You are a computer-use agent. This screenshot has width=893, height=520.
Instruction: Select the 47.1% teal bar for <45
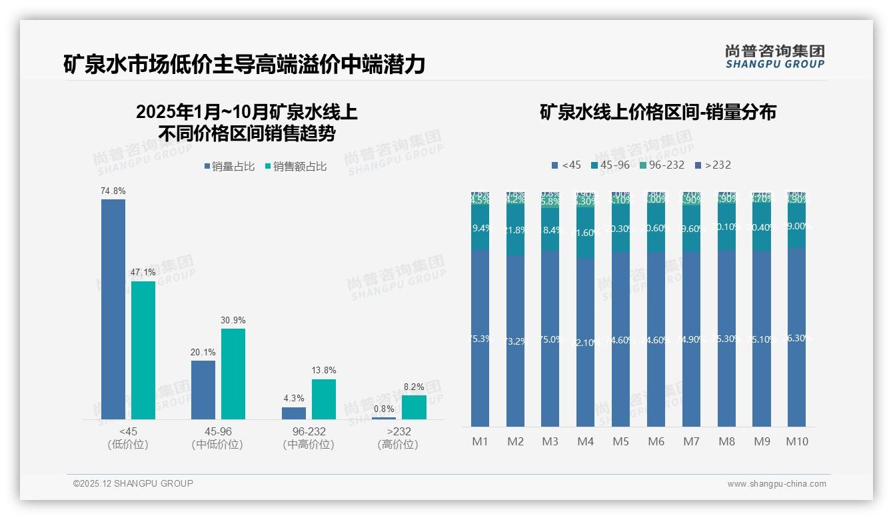click(x=143, y=350)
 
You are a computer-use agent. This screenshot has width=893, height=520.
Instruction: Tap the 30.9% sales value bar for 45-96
click(x=233, y=373)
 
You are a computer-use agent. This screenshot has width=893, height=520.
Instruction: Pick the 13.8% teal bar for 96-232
click(x=324, y=399)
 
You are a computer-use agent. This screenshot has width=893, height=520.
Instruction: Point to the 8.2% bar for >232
click(x=414, y=407)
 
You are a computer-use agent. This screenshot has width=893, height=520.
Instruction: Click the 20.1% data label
click(x=203, y=352)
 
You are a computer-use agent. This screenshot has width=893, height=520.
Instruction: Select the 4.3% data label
click(x=294, y=399)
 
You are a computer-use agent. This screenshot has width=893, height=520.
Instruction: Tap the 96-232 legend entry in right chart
click(x=662, y=165)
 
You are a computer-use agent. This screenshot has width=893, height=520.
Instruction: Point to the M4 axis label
click(x=585, y=441)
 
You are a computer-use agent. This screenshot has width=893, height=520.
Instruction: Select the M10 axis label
click(x=797, y=441)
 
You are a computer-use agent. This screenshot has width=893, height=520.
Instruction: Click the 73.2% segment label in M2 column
click(x=515, y=341)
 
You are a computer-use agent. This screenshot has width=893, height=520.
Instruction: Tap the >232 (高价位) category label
click(x=398, y=438)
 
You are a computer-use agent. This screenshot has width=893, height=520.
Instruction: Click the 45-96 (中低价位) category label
click(x=217, y=438)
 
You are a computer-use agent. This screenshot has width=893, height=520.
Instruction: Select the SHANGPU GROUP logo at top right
click(x=774, y=57)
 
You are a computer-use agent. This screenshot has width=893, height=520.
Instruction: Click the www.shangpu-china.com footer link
click(x=776, y=484)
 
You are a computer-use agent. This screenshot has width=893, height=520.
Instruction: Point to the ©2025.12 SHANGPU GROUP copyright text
click(x=133, y=483)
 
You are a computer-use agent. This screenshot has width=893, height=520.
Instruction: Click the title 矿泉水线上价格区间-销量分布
click(x=658, y=112)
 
